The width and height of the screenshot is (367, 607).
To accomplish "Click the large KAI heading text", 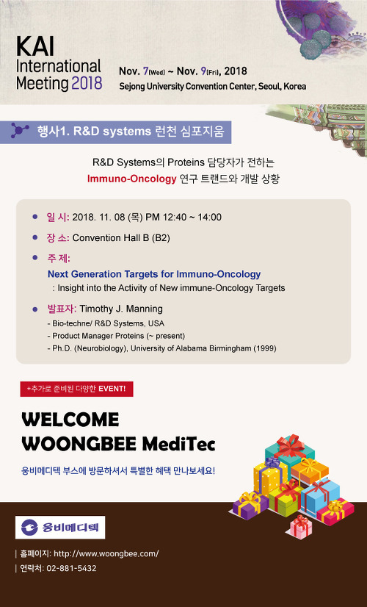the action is [35, 46].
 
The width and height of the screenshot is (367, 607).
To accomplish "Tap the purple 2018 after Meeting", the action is [87, 83].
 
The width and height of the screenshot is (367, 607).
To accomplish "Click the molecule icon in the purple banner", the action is [20, 131].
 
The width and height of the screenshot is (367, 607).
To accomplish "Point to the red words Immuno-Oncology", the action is [131, 179].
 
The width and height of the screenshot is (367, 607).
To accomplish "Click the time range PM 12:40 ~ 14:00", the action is [183, 218].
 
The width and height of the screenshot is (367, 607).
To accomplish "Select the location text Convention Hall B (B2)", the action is [121, 237].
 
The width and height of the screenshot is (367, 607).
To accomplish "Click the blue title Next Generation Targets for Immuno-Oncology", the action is [154, 274].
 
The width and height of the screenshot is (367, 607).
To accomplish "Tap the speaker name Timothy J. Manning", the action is [121, 309].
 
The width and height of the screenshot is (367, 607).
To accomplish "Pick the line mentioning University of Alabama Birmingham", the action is [161, 348].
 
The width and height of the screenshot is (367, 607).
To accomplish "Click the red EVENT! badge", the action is [76, 389].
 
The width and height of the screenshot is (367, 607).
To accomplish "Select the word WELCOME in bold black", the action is [70, 420].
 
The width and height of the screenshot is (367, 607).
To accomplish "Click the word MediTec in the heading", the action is [178, 444].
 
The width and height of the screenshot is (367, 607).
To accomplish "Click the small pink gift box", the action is [301, 526].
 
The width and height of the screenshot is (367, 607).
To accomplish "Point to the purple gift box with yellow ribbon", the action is [250, 505].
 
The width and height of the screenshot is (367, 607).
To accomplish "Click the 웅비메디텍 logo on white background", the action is [60, 527].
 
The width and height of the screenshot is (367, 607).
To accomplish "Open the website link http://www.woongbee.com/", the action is [106, 553].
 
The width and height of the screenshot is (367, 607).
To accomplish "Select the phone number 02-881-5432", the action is [71, 568].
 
